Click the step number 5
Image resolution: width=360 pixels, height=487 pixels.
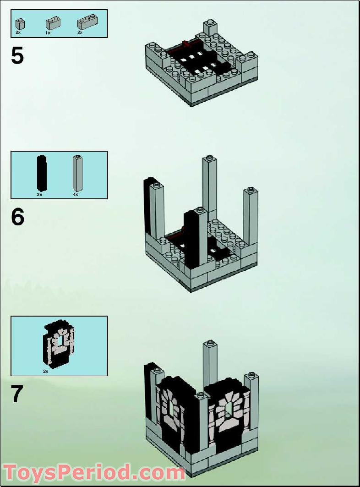pyautogui.click(x=17, y=56)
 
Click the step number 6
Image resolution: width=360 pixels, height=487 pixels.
pyautogui.click(x=17, y=217)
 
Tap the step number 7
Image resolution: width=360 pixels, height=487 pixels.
pyautogui.click(x=17, y=394)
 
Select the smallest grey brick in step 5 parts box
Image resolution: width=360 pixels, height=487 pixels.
pyautogui.click(x=20, y=24)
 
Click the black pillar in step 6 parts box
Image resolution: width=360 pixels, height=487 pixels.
pyautogui.click(x=41, y=173)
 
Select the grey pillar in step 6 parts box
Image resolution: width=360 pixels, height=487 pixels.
pyautogui.click(x=77, y=173)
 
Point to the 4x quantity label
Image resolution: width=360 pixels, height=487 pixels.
pyautogui.click(x=76, y=195)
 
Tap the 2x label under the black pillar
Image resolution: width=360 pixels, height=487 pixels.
pyautogui.click(x=39, y=195)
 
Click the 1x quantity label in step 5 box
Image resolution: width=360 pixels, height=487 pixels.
pyautogui.click(x=48, y=33)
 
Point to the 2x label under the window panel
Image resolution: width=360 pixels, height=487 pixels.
pyautogui.click(x=45, y=371)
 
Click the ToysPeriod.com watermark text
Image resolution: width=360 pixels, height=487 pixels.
pyautogui.click(x=94, y=472)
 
